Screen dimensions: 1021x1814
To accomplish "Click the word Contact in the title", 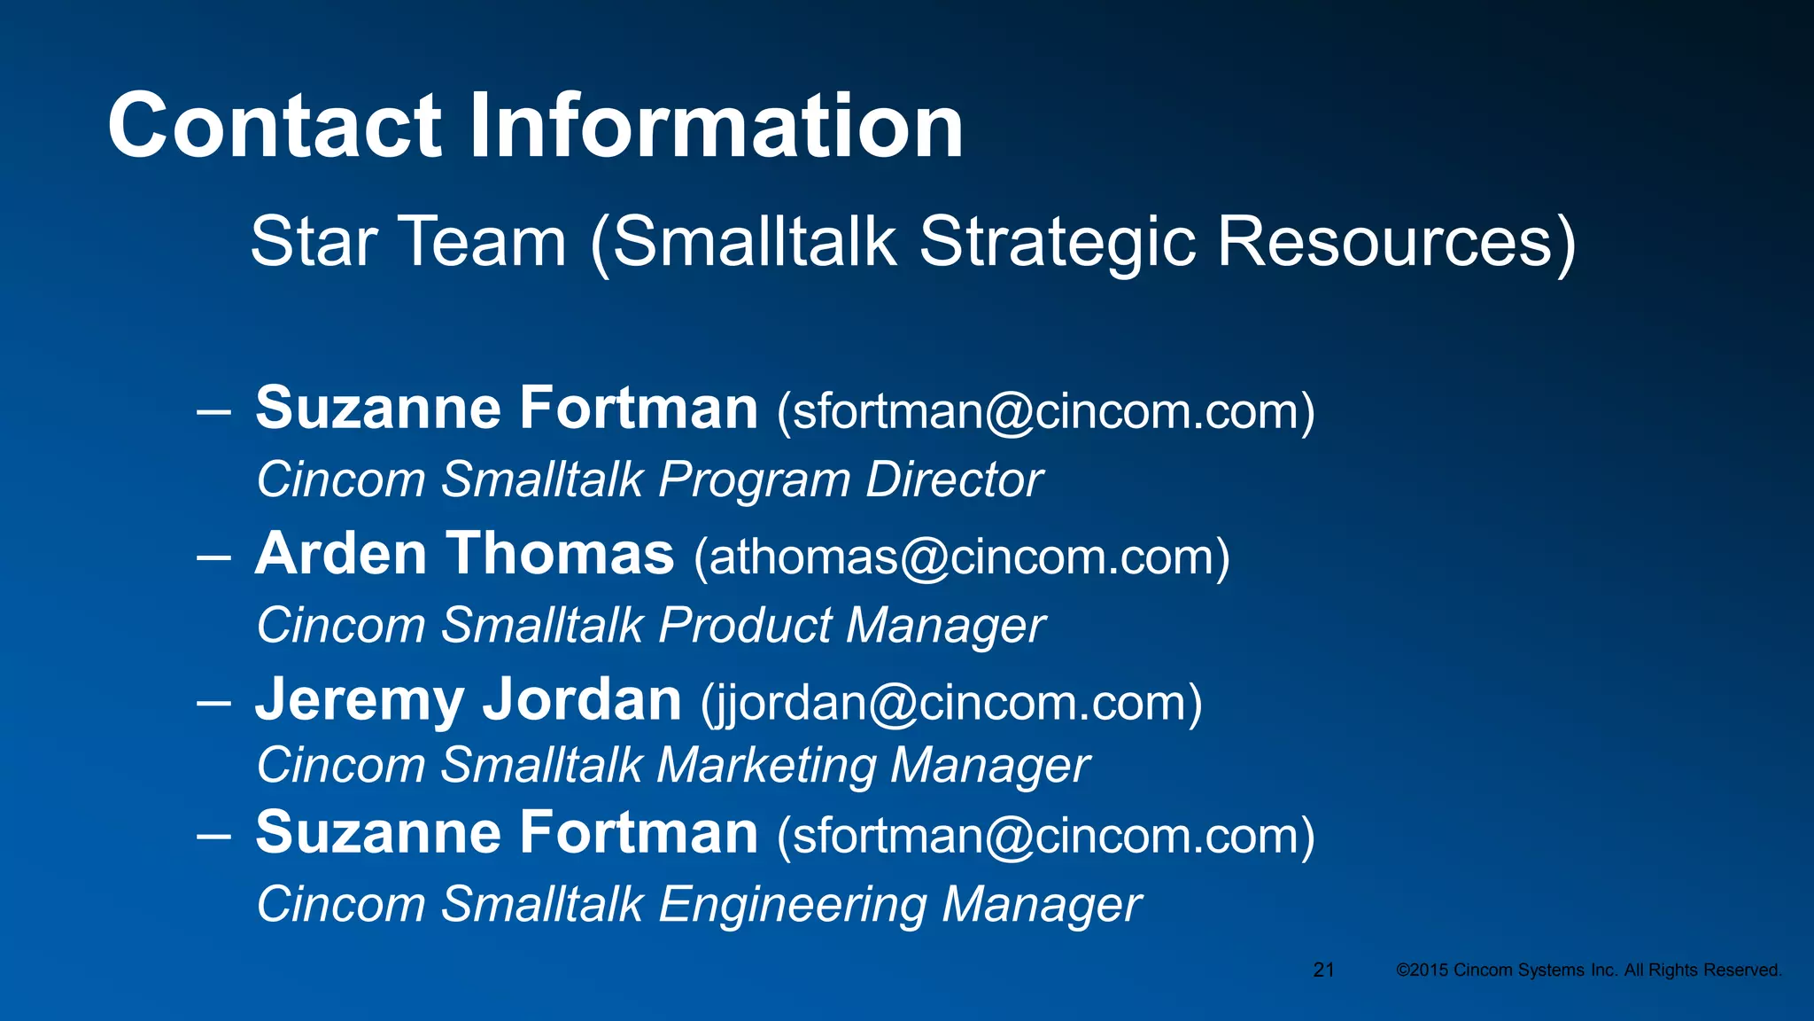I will point(275,126).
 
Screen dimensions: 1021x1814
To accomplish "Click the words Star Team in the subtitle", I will point(408,241).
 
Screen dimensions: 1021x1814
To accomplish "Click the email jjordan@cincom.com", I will point(952,703).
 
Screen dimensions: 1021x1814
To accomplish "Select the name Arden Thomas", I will point(465,555).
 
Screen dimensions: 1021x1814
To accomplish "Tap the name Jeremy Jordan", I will point(469,700).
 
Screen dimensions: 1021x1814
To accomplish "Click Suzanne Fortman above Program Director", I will point(507,409).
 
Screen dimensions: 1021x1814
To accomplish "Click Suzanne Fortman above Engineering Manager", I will point(507,833).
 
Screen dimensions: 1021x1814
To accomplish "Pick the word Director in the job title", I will point(954,480).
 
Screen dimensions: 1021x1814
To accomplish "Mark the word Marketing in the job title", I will point(766,766).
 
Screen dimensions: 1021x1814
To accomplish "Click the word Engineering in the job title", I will point(792,905).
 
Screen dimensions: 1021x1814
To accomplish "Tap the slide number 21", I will point(1323,970).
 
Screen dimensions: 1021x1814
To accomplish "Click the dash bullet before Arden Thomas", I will point(213,557).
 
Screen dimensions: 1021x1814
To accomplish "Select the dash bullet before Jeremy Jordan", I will point(213,703).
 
